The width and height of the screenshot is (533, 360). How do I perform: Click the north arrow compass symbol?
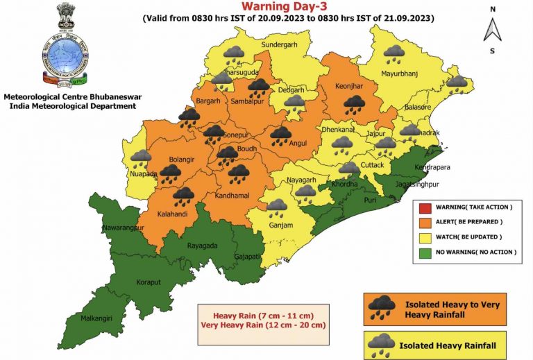tap(492, 30)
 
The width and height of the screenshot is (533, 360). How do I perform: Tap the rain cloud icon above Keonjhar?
tap(355, 103)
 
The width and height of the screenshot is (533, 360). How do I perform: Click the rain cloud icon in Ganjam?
tap(276, 206)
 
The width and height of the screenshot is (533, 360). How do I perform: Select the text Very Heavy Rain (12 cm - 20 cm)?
tap(263, 325)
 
